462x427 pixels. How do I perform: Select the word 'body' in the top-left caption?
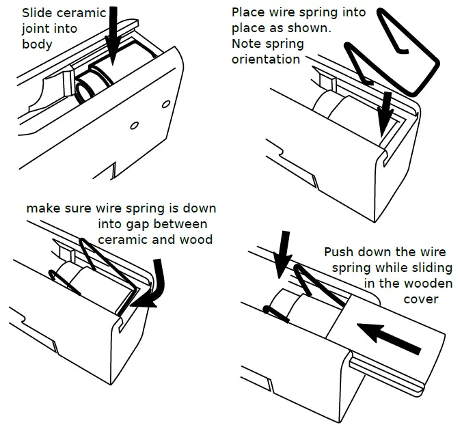(37, 44)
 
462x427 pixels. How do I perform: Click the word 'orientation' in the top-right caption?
(266, 59)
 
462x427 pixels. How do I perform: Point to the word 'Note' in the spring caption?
(244, 44)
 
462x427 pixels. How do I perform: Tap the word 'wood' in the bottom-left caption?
(196, 239)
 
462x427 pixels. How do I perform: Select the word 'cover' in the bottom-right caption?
(421, 300)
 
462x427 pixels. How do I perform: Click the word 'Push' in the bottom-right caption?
(337, 252)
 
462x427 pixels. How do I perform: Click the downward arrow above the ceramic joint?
(112, 36)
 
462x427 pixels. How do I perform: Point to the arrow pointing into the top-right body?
(385, 114)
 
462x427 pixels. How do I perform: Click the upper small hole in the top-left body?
(166, 105)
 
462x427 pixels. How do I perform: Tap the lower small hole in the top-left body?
(134, 126)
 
